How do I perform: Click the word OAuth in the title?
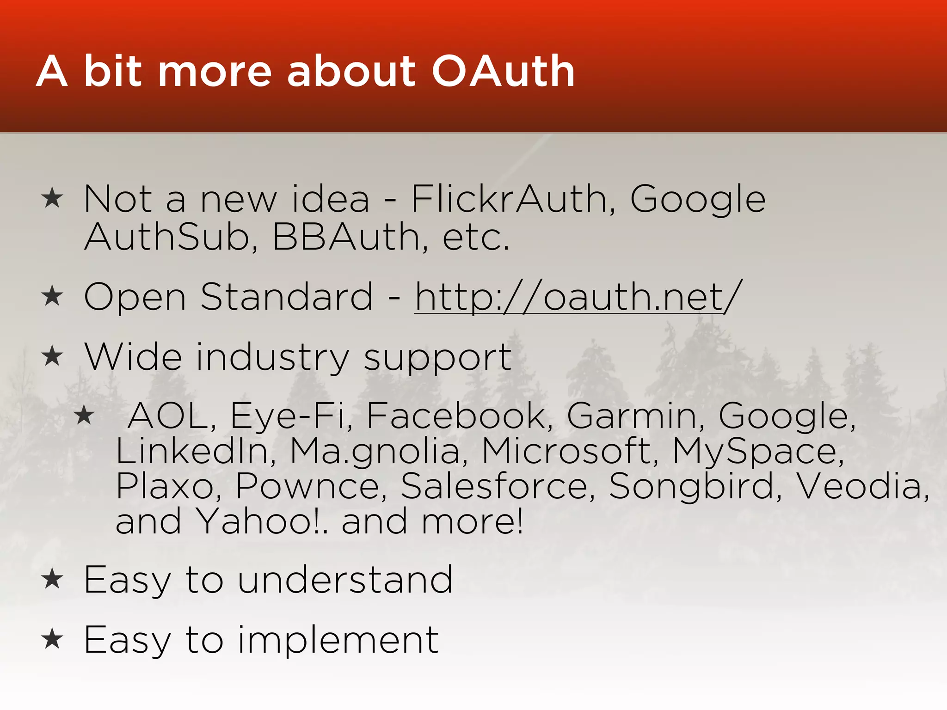click(x=503, y=72)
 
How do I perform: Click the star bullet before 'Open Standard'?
click(x=52, y=296)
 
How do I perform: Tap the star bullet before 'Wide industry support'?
click(x=52, y=356)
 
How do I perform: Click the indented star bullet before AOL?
click(x=84, y=415)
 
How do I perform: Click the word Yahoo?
click(x=259, y=521)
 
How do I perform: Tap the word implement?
click(x=338, y=640)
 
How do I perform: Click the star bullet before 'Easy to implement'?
click(x=52, y=639)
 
